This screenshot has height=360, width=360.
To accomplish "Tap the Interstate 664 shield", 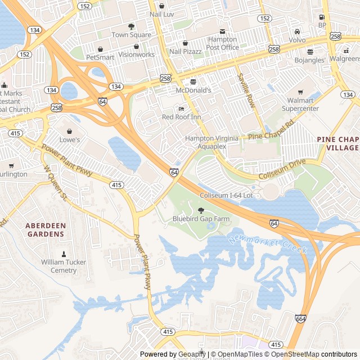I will pos(300,319).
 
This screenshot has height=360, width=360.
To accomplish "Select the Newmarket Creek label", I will pos(268,244).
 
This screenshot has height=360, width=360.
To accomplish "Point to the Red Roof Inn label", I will pos(181,117).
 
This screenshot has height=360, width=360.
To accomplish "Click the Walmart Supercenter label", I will pos(300,104).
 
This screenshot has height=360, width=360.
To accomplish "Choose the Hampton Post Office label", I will pos(223,43).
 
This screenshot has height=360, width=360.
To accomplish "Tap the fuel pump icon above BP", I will pos(322,17).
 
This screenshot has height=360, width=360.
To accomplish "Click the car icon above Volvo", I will pos(297,31).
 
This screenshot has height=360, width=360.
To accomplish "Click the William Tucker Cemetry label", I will pos(63,266).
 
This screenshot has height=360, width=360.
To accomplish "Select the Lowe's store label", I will pos(70,139).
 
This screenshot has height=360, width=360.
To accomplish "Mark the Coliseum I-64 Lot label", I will pos(227,195).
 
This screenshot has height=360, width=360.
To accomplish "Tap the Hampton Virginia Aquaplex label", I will pos(211,142).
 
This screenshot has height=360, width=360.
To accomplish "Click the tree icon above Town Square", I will pos(131,26).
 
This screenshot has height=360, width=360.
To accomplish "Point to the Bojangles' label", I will pos(310,60).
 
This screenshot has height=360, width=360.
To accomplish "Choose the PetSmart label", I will pos(100,57).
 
